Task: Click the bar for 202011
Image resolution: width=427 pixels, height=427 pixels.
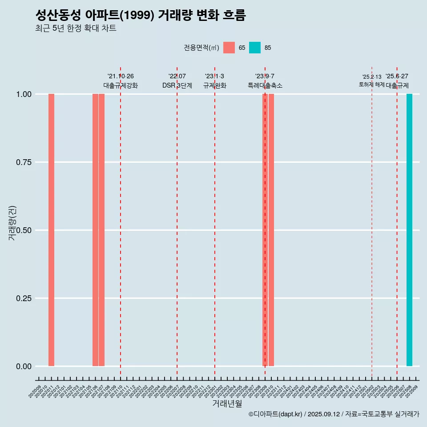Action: tap(51, 230)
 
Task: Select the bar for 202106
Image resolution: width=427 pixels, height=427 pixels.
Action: tap(95, 230)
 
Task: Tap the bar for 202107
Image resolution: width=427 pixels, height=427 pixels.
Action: tap(101, 230)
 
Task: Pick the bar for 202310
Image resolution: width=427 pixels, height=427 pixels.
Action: tap(271, 230)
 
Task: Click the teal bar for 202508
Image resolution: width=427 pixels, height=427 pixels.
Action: tap(409, 230)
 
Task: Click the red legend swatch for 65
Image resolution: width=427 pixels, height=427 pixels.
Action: tap(229, 48)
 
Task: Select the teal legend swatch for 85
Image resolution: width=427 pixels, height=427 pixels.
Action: tap(255, 48)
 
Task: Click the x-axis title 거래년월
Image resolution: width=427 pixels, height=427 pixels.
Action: tap(227, 403)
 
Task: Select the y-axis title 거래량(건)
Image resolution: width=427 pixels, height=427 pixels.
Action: tap(12, 222)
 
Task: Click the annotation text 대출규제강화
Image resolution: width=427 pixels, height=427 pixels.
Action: tap(121, 85)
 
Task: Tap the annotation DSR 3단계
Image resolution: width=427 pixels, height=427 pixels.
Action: tap(177, 85)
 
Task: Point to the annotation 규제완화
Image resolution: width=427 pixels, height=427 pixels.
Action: tap(215, 85)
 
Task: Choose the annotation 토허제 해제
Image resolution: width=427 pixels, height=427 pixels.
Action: tap(371, 85)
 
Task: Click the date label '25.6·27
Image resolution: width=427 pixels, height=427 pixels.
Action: tap(397, 77)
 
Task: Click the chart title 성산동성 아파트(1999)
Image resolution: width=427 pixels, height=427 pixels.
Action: tap(141, 15)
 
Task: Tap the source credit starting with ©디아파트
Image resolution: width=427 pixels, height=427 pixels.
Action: tap(334, 415)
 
